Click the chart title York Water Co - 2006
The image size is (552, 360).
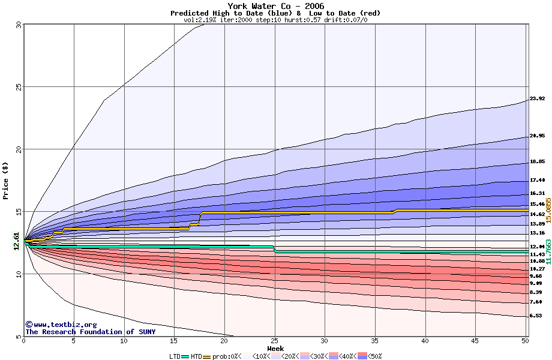coord(275,6)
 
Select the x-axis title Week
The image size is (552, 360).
coord(275,348)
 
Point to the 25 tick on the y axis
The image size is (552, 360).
coord(19,86)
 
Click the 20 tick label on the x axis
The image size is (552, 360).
coord(224,341)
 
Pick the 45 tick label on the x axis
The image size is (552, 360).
coord(475,341)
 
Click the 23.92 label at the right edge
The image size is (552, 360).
coord(537,99)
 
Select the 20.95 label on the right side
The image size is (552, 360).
coord(537,136)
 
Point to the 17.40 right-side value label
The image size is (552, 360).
coord(537,180)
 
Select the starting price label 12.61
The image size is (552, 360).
coord(17,240)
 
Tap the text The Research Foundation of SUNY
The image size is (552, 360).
coord(90,332)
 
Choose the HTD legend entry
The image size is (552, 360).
coord(196,356)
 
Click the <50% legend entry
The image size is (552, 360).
coord(373,356)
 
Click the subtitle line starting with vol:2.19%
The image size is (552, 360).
coord(275,20)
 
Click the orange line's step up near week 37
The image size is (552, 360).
coord(395,211)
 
